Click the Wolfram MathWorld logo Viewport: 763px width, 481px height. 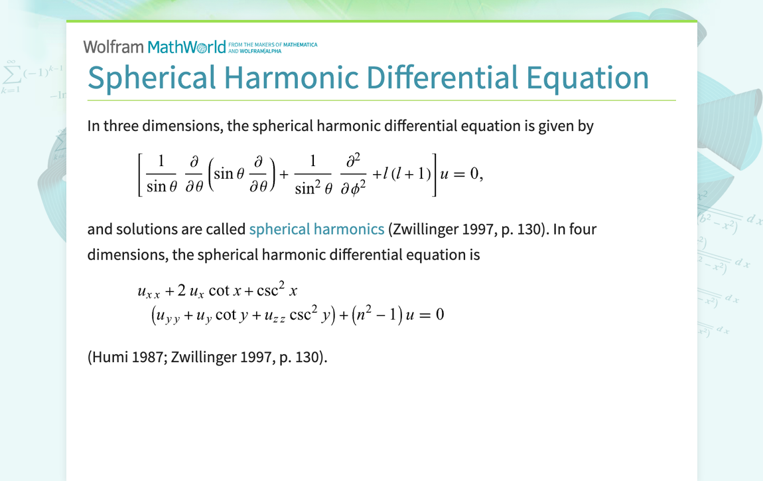tap(155, 47)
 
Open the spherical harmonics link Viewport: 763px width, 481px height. tap(316, 229)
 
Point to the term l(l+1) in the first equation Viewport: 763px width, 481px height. tap(402, 174)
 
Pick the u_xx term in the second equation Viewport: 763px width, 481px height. tap(149, 291)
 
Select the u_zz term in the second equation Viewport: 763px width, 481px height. tap(275, 315)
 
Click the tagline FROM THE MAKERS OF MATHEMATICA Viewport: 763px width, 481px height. tap(273, 45)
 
